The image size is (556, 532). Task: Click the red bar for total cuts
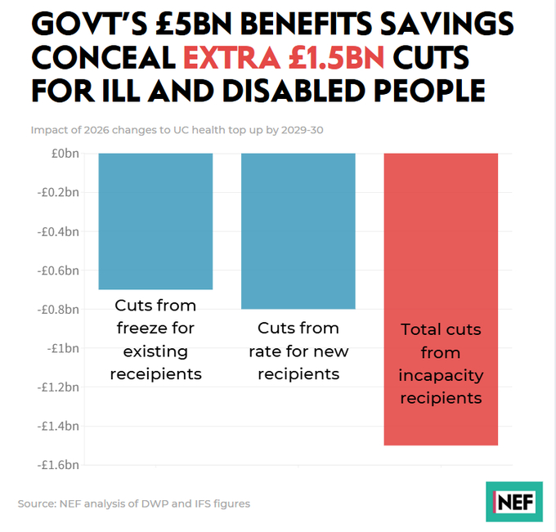[x=441, y=245]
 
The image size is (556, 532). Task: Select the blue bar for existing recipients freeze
[x=155, y=221]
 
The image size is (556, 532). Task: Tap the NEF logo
[x=513, y=501]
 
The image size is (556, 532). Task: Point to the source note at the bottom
[x=134, y=503]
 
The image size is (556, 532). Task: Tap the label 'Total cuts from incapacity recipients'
[x=441, y=364]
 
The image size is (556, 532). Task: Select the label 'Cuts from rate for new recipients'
[x=298, y=351]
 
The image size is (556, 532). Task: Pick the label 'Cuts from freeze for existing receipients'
[x=155, y=340]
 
